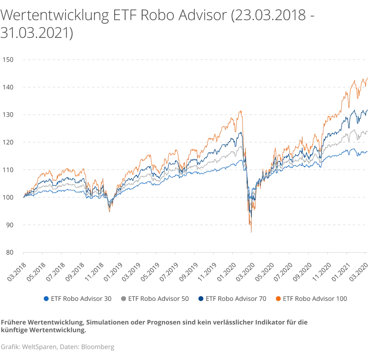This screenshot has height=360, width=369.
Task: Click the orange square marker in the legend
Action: coord(278,299)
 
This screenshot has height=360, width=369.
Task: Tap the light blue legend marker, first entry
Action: coord(46,299)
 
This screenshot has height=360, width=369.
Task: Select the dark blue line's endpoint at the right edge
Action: coord(367,110)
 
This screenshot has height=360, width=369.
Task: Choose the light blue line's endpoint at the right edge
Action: coord(367,151)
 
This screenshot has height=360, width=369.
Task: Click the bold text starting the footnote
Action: coord(43,327)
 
